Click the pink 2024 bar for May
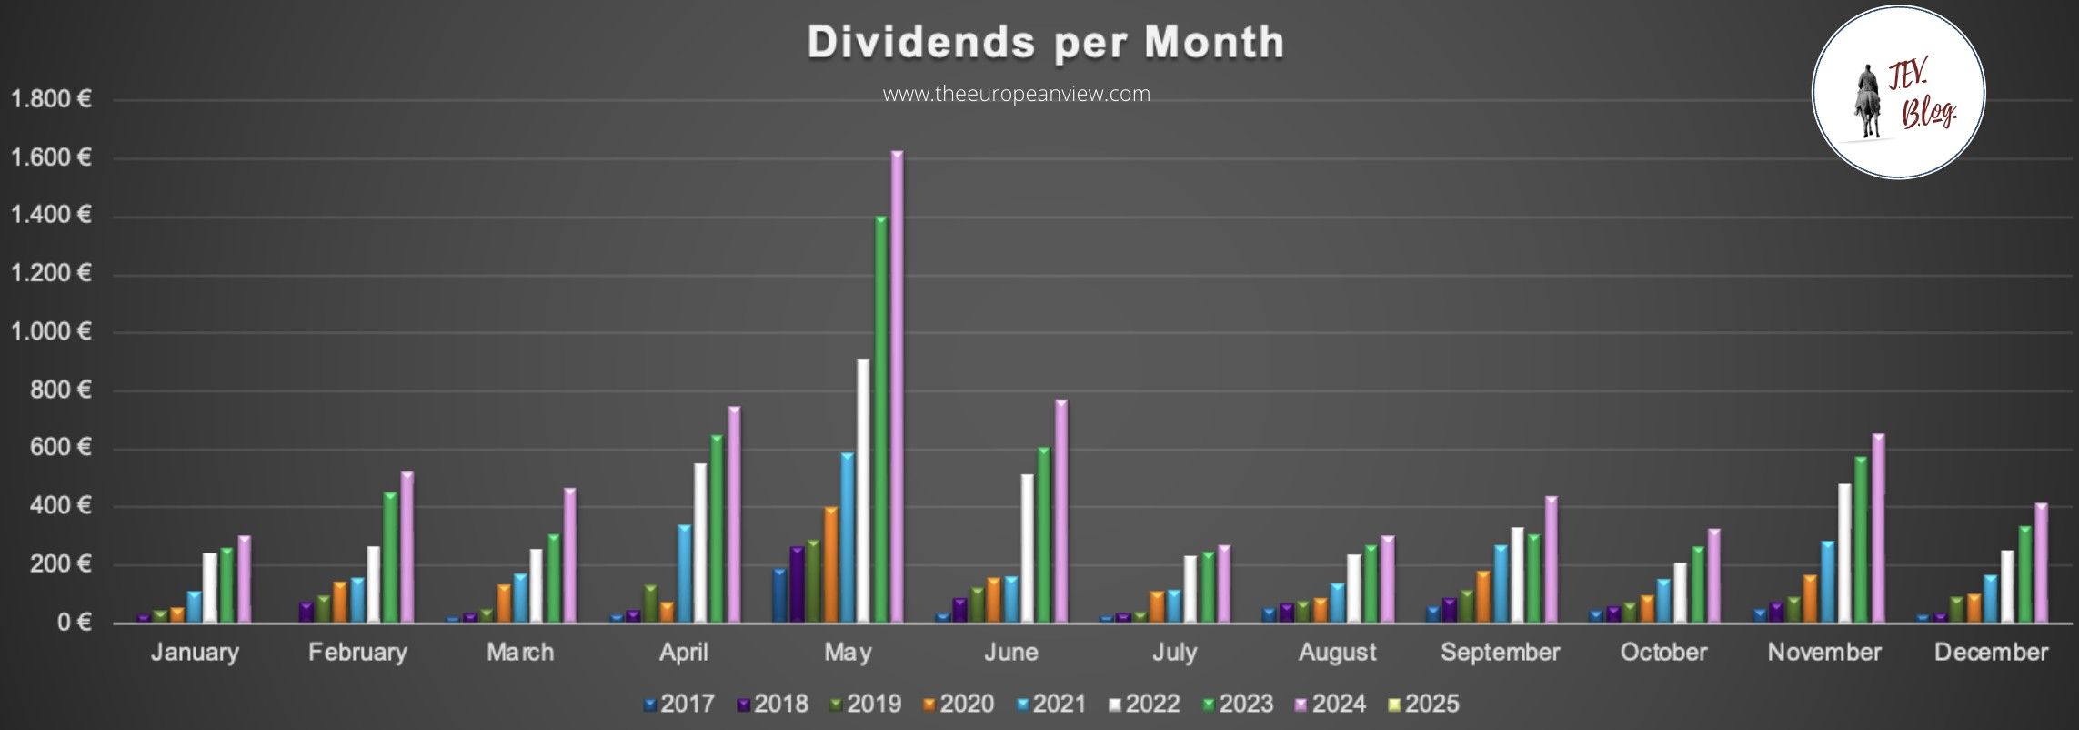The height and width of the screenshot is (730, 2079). (897, 387)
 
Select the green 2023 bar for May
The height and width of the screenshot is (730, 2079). (880, 419)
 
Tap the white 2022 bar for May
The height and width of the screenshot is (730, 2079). (863, 492)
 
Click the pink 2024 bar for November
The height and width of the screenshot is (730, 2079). (1878, 528)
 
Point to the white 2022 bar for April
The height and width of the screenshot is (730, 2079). (699, 543)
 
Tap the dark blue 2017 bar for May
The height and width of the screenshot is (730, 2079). (779, 595)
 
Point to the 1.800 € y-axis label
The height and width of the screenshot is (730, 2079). (51, 99)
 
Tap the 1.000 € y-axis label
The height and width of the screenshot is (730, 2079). (51, 331)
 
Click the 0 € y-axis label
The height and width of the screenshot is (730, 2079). (74, 623)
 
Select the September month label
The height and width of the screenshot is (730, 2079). (1500, 653)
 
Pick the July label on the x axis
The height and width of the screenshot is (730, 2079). (1174, 653)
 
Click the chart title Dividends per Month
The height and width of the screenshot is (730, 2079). (1046, 43)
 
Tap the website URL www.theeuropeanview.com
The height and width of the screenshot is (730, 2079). (1017, 94)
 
